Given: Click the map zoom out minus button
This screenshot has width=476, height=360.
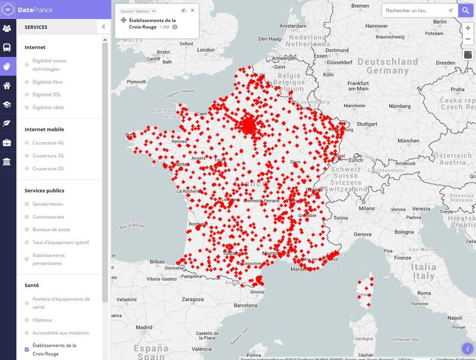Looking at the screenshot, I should pos(468,39).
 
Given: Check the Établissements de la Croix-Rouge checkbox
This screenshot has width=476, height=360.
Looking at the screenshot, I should pos(27,349).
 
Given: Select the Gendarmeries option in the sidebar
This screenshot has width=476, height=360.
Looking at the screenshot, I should pos(27,204).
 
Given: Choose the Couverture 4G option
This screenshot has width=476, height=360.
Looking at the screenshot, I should pos(27,143).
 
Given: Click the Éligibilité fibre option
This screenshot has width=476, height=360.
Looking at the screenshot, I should pos(27,82).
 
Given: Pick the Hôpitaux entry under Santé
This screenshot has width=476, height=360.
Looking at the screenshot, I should pos(27,320).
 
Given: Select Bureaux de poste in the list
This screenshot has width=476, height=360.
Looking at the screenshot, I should pos(27,229).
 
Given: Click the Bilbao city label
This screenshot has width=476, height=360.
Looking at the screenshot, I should pos(157,261).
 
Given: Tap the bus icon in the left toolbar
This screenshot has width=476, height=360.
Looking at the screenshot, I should pos(8,48).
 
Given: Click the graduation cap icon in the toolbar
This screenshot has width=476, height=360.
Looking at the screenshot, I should pos(8,105).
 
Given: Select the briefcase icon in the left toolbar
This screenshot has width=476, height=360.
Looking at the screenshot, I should pos(8,142).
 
